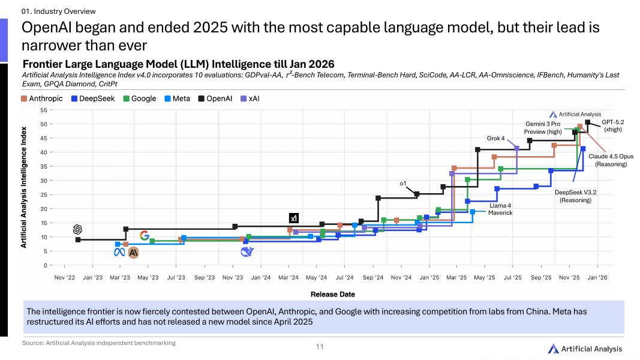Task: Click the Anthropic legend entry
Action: point(42,98)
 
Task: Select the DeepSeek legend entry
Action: point(94,98)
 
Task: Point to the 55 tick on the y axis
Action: point(44,110)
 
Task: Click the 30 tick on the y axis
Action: point(44,181)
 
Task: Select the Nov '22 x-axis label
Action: point(65,278)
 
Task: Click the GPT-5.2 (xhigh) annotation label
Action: point(612,125)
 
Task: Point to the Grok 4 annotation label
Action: point(495,139)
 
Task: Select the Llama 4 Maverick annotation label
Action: point(500,209)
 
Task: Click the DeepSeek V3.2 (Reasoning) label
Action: point(575,196)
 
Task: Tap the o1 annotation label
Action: point(403,183)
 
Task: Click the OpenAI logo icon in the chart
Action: point(77,229)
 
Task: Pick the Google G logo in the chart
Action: point(145,236)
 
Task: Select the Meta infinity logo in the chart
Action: point(119,253)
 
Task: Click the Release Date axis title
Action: point(332,295)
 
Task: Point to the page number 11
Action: point(320,347)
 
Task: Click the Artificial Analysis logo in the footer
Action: point(584,349)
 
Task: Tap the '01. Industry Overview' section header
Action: point(59,11)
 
